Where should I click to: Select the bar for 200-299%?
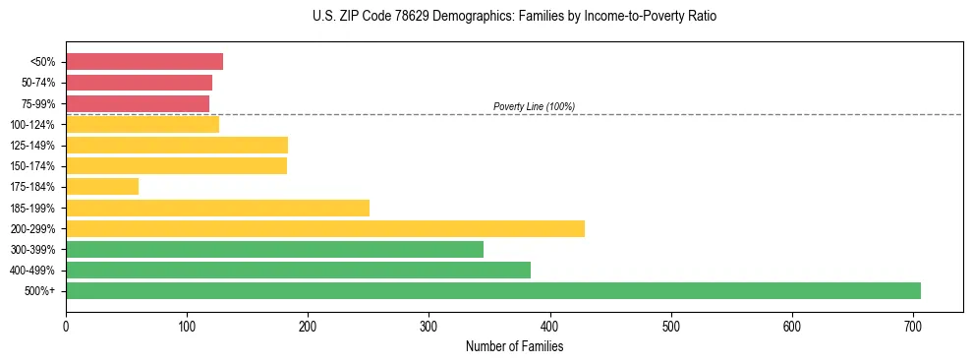(x=325, y=228)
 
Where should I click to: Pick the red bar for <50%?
(x=144, y=62)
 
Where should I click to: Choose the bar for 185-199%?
(x=217, y=208)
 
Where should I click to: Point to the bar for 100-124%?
(x=143, y=124)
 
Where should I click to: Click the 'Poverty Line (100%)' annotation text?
(x=534, y=106)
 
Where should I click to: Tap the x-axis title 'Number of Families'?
(x=514, y=346)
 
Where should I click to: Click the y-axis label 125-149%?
(x=34, y=146)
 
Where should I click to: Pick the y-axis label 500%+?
(x=41, y=291)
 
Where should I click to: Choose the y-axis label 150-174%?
(x=34, y=166)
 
